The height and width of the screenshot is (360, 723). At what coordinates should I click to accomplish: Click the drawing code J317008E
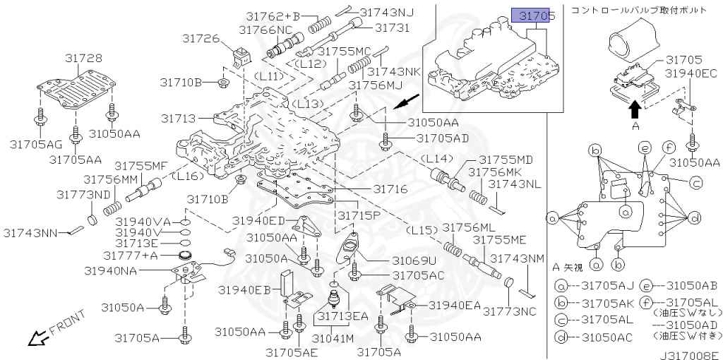click(x=690, y=354)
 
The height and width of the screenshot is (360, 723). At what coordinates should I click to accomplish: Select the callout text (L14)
click(x=437, y=160)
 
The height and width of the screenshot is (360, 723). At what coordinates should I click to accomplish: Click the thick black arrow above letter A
click(x=634, y=107)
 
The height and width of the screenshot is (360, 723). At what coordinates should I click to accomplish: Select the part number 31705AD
click(x=442, y=138)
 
